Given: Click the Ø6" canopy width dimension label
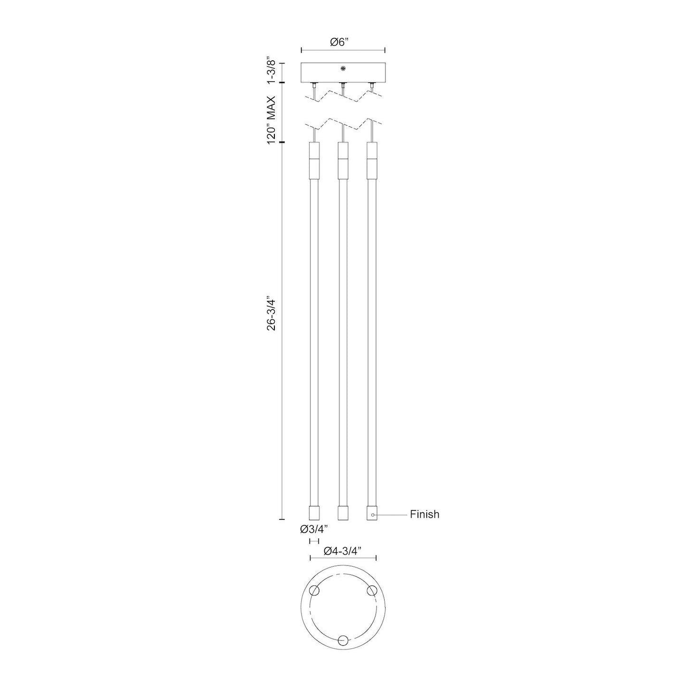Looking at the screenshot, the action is tap(343, 42).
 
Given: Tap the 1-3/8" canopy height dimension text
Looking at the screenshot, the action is tap(272, 70).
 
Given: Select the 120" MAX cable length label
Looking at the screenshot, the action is tap(272, 120).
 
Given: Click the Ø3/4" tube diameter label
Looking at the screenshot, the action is tap(314, 539).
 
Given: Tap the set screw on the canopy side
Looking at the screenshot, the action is tap(343, 68).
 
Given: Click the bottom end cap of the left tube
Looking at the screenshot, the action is tap(314, 513).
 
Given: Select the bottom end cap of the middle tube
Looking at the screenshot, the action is tap(343, 513).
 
